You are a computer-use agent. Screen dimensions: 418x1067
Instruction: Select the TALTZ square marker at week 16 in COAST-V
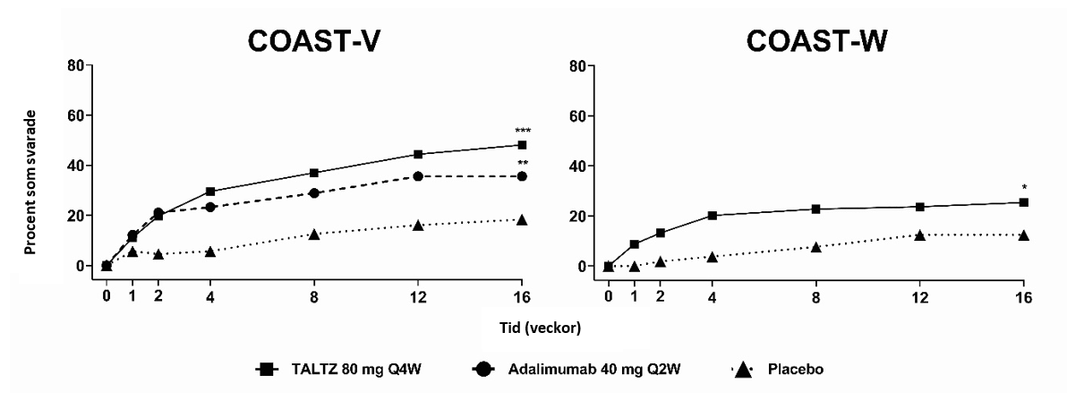coord(522,145)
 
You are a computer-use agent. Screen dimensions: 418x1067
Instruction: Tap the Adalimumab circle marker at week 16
coord(522,176)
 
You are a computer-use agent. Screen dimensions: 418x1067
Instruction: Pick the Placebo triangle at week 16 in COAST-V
coord(522,219)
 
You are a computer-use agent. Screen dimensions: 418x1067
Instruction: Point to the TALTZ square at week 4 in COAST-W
coord(713,216)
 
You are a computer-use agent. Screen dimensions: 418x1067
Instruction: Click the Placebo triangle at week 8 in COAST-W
coord(816,246)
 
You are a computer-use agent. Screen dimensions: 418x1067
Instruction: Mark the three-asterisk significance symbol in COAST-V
coord(522,132)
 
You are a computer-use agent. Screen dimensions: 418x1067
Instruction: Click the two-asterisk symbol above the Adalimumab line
coord(522,163)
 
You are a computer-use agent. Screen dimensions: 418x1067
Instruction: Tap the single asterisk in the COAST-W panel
coord(1024,188)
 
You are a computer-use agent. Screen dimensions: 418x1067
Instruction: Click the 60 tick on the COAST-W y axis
coord(580,115)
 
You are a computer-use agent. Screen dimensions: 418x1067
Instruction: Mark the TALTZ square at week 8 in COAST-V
coord(314,173)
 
